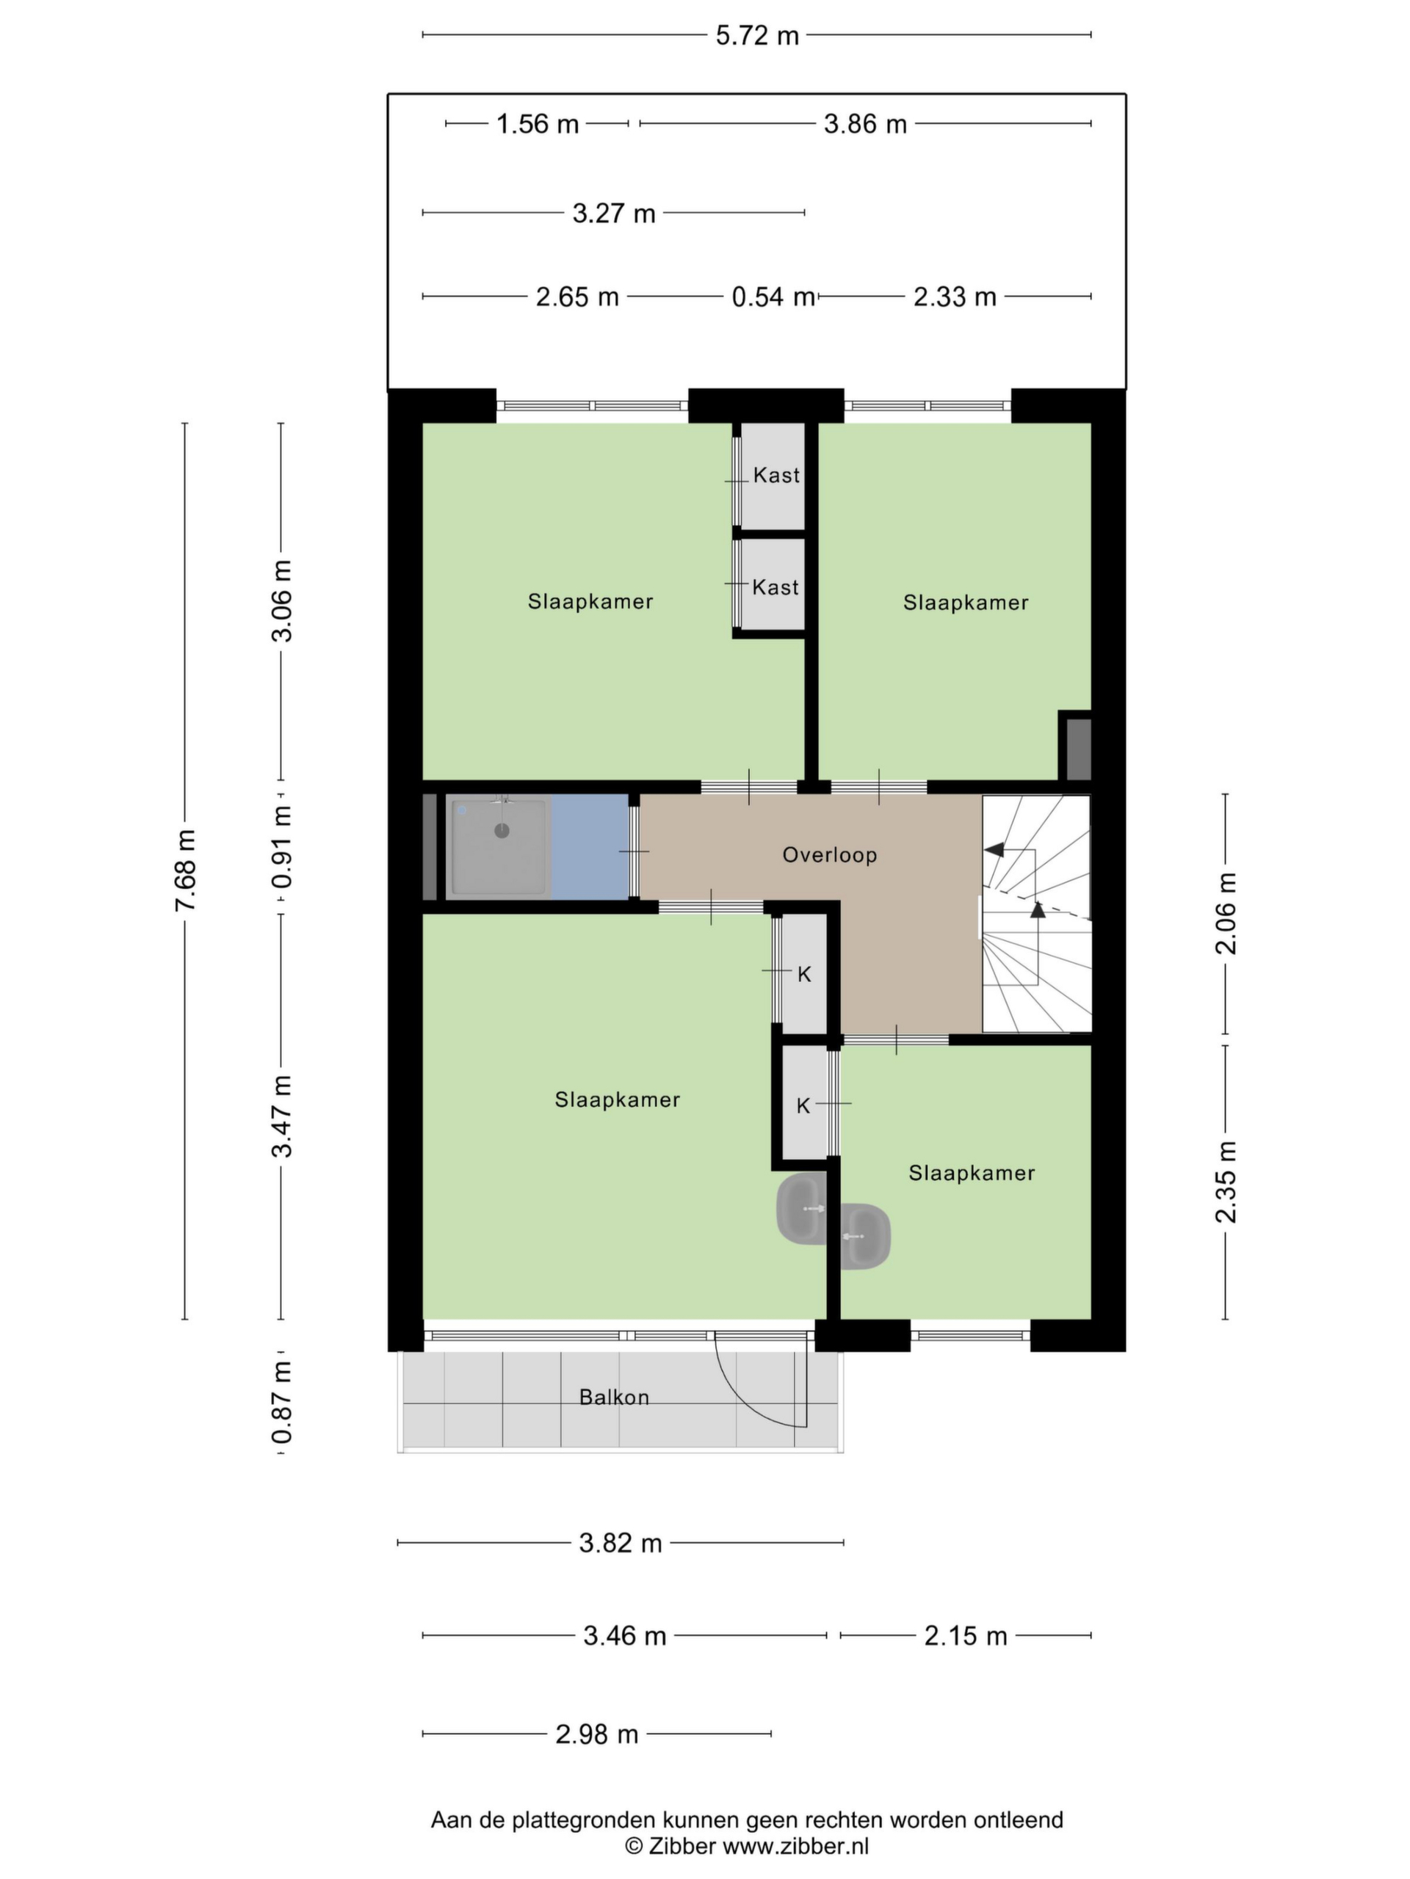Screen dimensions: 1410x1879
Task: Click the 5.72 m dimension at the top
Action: coord(756,36)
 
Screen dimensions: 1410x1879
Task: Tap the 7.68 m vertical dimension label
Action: coord(185,871)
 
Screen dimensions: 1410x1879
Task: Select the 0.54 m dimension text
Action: coord(773,297)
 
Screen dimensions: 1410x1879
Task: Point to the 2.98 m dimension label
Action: coord(596,1734)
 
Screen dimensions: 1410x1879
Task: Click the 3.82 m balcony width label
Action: coord(621,1544)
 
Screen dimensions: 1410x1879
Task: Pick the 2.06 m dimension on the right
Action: coord(1226,913)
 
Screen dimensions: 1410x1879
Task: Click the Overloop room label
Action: coord(830,854)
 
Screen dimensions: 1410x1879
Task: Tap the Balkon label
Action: coord(614,1398)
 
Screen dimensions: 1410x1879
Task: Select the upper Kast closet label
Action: coord(776,475)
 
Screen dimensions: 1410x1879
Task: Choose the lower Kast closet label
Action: coord(775,587)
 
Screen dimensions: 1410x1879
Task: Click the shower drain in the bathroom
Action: coord(502,831)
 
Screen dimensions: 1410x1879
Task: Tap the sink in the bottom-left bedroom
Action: coord(800,1209)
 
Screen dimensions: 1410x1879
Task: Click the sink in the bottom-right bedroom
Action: coord(865,1236)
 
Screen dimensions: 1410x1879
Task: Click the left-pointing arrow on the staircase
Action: coord(994,849)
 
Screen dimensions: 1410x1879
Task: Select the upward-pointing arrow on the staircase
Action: coord(1037,909)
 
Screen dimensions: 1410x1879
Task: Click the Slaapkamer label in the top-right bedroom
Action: coord(966,603)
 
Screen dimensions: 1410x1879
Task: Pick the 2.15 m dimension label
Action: coord(966,1635)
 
